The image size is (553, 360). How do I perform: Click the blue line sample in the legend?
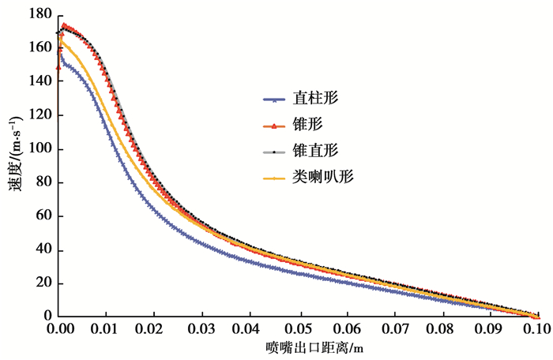273,100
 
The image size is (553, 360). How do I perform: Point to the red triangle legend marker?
273,126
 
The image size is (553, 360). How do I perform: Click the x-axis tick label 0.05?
297,328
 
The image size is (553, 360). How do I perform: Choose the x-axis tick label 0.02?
153,328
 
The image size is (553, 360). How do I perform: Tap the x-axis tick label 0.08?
441,328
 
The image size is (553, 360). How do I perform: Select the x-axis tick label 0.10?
537,328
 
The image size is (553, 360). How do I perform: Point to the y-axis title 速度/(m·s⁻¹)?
17,165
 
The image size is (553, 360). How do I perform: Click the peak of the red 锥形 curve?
64,25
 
